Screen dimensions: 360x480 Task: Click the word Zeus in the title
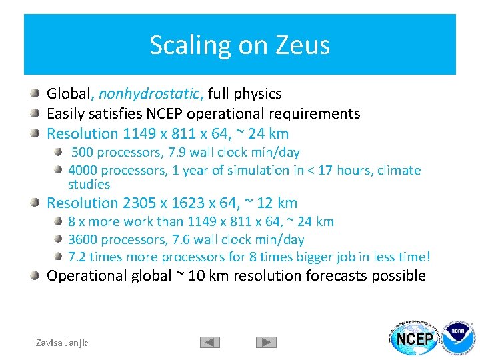tap(306, 45)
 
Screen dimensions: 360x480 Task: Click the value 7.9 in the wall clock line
tap(174, 153)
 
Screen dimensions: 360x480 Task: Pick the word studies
tap(89, 184)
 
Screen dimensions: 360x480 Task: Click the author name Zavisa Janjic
tap(62, 343)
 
